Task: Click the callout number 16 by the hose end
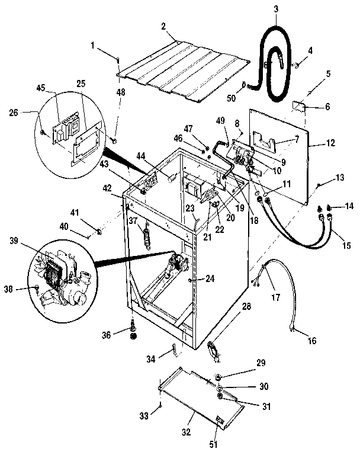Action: [312, 341]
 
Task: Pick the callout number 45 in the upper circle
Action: [40, 88]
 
